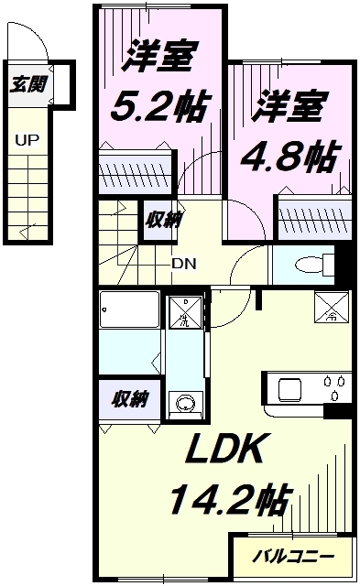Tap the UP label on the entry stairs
point(26,142)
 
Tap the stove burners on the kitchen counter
point(333,386)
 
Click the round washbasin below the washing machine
point(185,404)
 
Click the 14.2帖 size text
point(227,501)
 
